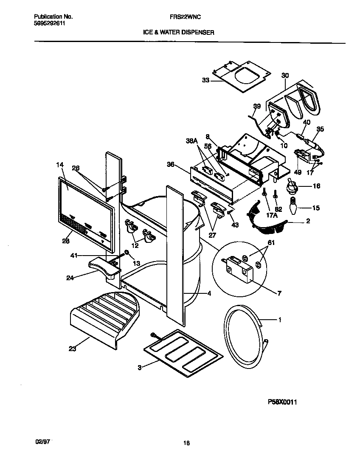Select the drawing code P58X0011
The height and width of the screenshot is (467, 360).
[282, 401]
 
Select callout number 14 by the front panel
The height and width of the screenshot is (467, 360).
[59, 164]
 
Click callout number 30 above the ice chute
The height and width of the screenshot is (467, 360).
[285, 76]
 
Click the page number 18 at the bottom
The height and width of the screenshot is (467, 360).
[186, 443]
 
